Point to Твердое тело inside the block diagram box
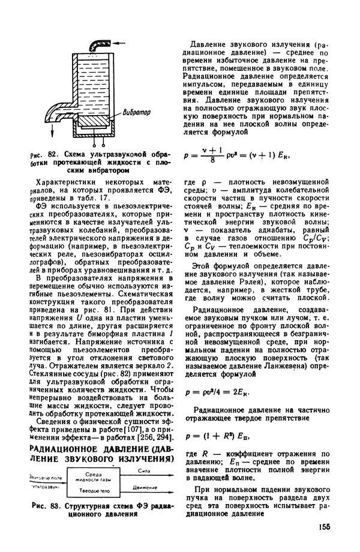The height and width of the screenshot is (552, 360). point(92,491)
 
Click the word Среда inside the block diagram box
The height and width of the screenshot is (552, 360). point(92,474)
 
